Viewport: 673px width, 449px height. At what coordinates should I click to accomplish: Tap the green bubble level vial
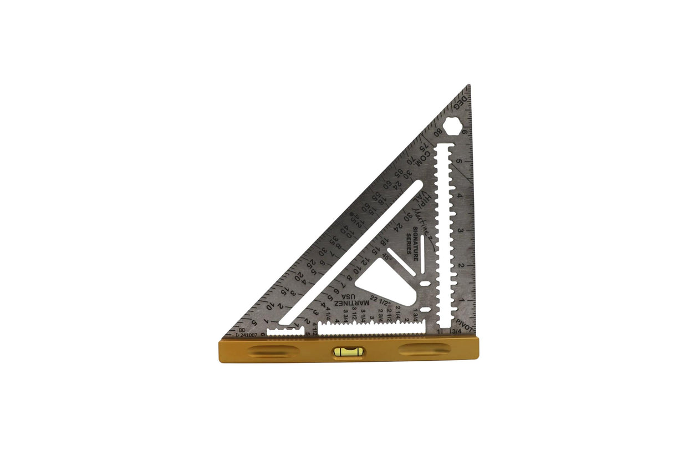348,351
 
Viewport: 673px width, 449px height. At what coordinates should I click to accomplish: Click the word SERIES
409,246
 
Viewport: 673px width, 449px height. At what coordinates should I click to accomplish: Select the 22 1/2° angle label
380,300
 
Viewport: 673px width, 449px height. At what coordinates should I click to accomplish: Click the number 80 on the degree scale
439,133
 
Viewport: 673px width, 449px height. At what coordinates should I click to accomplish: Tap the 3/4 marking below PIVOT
457,332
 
